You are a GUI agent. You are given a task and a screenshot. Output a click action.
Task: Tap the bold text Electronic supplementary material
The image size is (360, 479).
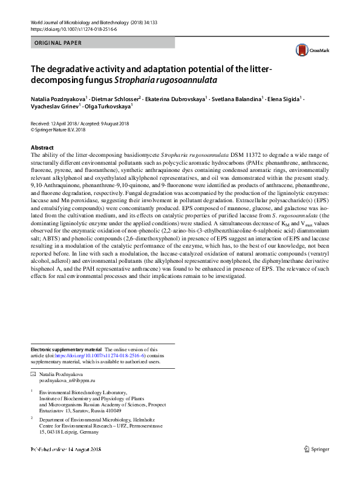click(x=67, y=349)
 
